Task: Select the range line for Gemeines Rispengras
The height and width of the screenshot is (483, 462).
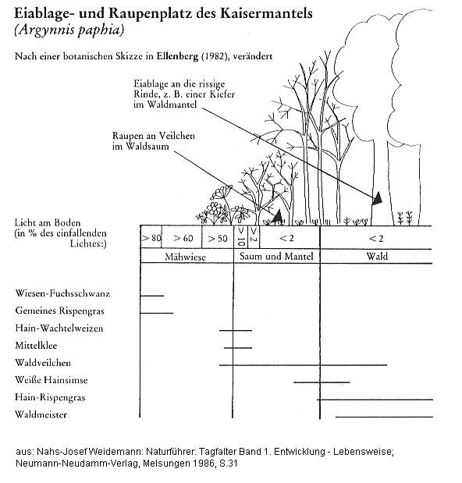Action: pyautogui.click(x=157, y=312)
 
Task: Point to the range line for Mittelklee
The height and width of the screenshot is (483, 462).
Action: pyautogui.click(x=237, y=347)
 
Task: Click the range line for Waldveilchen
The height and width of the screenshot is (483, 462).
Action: pyautogui.click(x=281, y=364)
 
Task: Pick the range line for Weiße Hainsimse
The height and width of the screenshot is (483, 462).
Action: pyautogui.click(x=322, y=382)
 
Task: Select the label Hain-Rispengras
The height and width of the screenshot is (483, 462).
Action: pyautogui.click(x=50, y=397)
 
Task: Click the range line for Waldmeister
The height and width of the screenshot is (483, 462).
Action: pyautogui.click(x=382, y=416)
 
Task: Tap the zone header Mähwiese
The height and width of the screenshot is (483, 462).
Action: pyautogui.click(x=186, y=257)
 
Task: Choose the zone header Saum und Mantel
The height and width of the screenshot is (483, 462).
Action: pyautogui.click(x=276, y=257)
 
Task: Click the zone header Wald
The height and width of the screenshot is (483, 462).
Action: pyautogui.click(x=378, y=257)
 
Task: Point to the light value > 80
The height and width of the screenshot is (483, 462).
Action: pyautogui.click(x=151, y=237)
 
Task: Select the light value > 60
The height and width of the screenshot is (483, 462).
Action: pyautogui.click(x=183, y=237)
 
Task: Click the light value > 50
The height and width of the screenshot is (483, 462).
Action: pyautogui.click(x=218, y=237)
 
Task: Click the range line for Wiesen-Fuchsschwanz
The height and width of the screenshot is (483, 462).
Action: pyautogui.click(x=151, y=295)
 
